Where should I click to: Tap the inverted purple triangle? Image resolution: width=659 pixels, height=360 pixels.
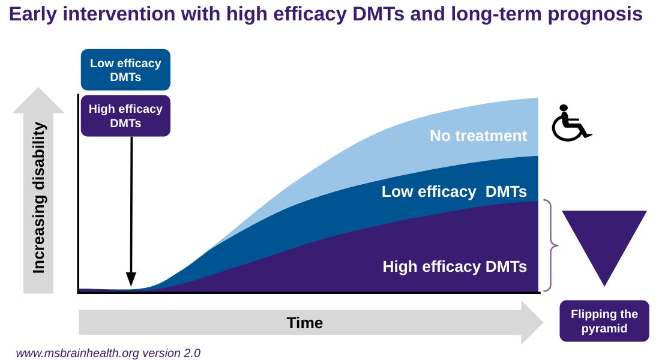point(604,240)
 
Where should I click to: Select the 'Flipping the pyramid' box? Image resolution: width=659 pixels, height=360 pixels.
point(604,321)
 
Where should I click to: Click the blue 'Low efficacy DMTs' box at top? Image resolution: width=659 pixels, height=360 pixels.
point(125,70)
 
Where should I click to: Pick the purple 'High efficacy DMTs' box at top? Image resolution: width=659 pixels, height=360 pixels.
point(125,116)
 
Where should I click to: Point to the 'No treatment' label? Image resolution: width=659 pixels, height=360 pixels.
point(478,136)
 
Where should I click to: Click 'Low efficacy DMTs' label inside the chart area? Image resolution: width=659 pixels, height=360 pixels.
point(454,192)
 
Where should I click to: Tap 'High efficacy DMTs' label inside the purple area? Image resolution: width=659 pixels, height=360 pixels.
point(454,266)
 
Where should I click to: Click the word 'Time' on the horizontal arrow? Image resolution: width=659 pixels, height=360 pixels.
point(305,323)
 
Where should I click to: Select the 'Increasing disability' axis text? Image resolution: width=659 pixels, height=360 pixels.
point(39,197)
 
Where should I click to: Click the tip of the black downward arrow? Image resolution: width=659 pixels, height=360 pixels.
point(131,285)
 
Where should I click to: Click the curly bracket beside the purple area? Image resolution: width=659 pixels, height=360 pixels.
point(551,245)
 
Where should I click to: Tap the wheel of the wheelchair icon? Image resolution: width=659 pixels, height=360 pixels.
point(566,128)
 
